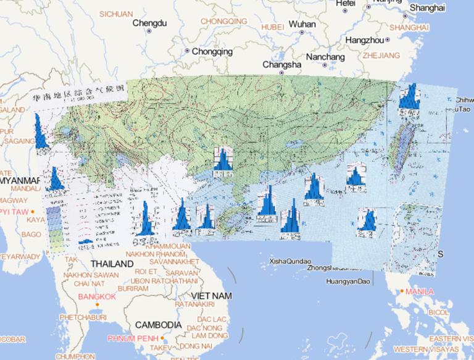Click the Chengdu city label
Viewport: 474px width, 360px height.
point(150,23)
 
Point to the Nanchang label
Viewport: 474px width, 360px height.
point(325,57)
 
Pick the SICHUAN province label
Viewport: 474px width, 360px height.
point(116,14)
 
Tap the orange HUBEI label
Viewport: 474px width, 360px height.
point(272,27)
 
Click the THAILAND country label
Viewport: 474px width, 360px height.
point(112,264)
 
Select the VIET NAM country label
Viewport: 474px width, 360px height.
point(212,296)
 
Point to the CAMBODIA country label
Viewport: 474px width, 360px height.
point(158,324)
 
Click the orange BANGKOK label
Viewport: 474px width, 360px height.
point(98,297)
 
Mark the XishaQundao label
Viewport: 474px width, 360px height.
point(289,262)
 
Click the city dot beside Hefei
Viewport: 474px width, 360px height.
point(345,10)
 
